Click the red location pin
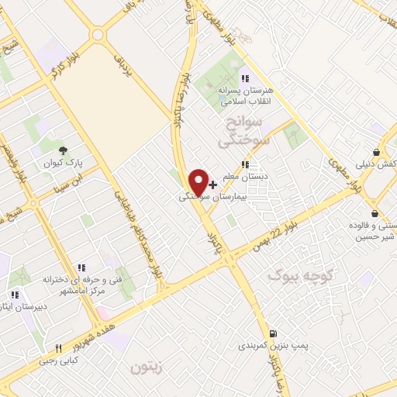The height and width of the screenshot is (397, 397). point(198,181)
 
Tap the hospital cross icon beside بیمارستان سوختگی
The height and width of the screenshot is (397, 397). point(213,186)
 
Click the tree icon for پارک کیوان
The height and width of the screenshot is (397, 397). point(63,150)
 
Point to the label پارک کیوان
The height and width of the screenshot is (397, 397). point(62,164)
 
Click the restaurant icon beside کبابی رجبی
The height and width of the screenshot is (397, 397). point(58,348)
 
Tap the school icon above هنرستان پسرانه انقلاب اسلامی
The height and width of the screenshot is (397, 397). point(245,78)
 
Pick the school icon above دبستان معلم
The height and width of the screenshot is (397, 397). point(245,164)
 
